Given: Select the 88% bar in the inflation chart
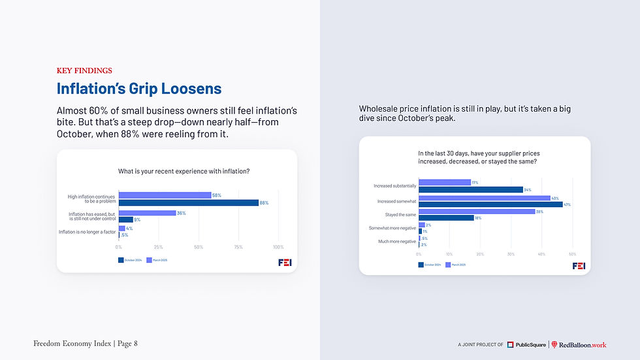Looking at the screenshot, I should pyautogui.click(x=188, y=203).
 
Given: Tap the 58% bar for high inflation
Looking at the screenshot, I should pyautogui.click(x=165, y=195).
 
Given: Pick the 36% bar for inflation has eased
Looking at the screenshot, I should pyautogui.click(x=147, y=212).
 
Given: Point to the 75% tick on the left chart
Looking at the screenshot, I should pyautogui.click(x=238, y=247).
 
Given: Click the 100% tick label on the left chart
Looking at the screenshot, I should pyautogui.click(x=278, y=247).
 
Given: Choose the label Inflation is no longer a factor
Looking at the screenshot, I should pyautogui.click(x=88, y=232).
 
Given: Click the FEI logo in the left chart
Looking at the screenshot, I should pyautogui.click(x=284, y=262).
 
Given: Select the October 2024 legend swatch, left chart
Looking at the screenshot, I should pyautogui.click(x=121, y=260).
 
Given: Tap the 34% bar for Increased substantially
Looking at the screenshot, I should pyautogui.click(x=470, y=189).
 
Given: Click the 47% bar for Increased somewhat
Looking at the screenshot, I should pyautogui.click(x=490, y=205).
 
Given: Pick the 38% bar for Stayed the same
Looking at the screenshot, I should pyautogui.click(x=476, y=211).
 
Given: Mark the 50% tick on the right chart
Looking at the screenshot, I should pyautogui.click(x=572, y=254).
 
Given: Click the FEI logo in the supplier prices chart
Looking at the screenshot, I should pyautogui.click(x=579, y=266).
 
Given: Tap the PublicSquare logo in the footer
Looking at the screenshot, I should pyautogui.click(x=526, y=344).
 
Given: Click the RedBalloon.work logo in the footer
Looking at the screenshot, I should pyautogui.click(x=579, y=344).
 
